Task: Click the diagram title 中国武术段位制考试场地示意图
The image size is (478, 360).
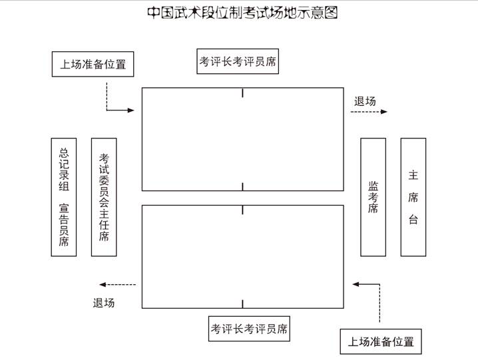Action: tap(242, 13)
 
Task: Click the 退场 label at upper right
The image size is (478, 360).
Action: tap(365, 101)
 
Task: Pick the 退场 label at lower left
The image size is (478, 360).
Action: tap(104, 303)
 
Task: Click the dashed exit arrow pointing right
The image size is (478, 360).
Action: tap(369, 112)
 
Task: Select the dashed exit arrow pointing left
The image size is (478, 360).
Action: tap(118, 285)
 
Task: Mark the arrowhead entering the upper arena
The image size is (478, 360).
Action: tap(131, 110)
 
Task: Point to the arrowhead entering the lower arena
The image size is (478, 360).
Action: tap(356, 284)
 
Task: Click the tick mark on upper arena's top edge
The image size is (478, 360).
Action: tap(242, 93)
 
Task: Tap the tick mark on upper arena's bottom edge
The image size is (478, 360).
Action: tap(242, 186)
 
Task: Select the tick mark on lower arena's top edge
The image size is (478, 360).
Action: tap(242, 210)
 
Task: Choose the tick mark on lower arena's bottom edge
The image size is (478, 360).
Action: tap(242, 304)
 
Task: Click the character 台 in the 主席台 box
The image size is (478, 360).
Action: tap(413, 220)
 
